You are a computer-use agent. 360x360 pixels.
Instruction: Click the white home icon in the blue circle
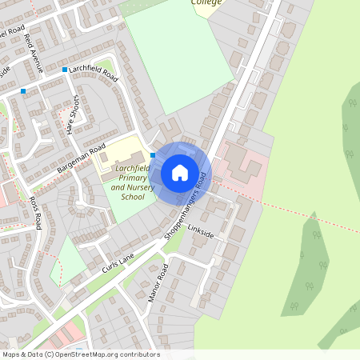(180, 172)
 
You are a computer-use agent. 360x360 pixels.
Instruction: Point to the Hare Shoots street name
(72, 115)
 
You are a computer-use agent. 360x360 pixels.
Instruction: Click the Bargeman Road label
(82, 158)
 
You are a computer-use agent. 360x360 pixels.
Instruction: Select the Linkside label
(201, 234)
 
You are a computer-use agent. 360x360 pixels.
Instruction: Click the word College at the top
(206, 2)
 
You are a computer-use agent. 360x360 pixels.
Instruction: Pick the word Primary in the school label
(129, 178)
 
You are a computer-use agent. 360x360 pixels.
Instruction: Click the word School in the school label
(133, 196)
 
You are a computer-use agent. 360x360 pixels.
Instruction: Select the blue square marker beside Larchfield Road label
(65, 70)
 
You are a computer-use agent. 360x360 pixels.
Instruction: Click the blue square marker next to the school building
(153, 155)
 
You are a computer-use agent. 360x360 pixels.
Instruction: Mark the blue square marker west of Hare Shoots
(23, 91)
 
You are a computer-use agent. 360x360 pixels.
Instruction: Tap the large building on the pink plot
(242, 165)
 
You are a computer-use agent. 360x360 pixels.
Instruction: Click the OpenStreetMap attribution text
(81, 354)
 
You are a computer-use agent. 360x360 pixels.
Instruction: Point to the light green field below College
(180, 56)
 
